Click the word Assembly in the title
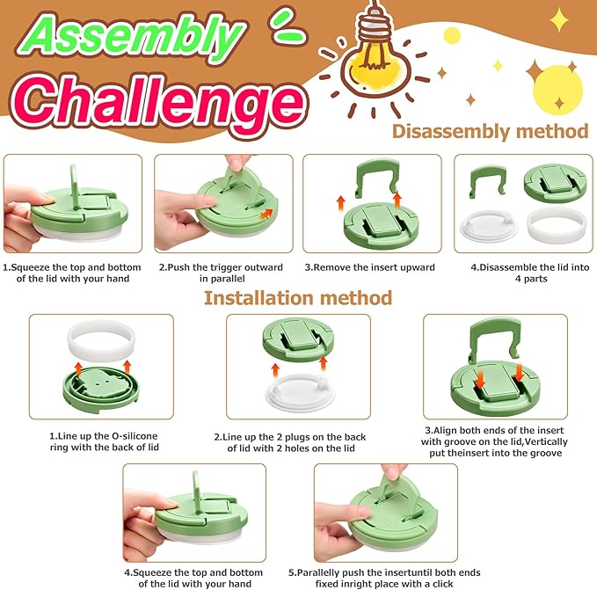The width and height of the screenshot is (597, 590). [131, 37]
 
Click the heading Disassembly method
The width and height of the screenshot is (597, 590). [490, 131]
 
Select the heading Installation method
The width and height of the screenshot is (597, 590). [298, 298]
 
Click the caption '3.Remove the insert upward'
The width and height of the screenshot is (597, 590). [369, 267]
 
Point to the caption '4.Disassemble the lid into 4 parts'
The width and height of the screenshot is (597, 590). [530, 273]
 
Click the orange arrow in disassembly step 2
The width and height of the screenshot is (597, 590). [266, 214]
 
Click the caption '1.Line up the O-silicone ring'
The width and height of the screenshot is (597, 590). [104, 441]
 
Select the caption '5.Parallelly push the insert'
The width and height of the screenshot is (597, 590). [384, 579]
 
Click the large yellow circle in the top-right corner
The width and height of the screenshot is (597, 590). [557, 91]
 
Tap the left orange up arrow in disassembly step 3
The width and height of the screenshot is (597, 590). [341, 203]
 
